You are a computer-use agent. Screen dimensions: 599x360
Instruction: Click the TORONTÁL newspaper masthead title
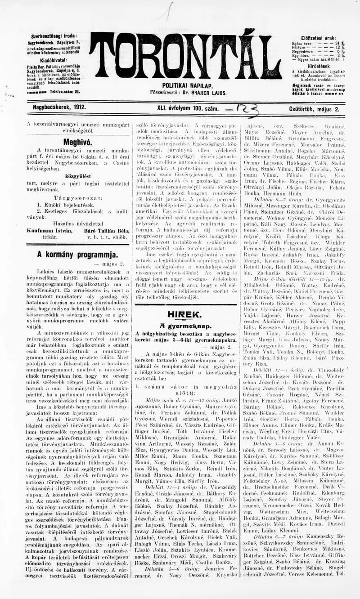(x=185, y=56)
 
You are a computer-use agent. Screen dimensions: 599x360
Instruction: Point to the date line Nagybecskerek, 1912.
(x=59, y=108)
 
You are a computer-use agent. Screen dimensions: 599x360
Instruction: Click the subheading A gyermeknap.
(x=185, y=326)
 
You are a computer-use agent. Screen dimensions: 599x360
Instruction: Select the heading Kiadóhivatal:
(x=54, y=59)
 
